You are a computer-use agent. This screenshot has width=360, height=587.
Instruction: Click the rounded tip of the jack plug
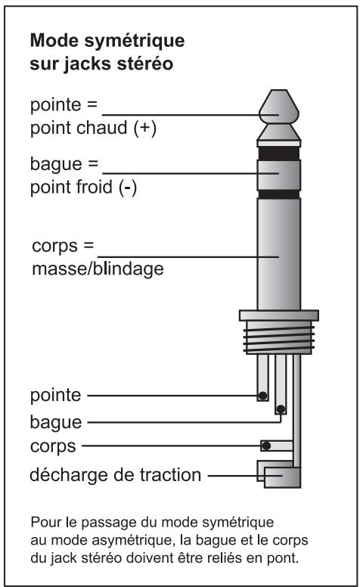pos(279,107)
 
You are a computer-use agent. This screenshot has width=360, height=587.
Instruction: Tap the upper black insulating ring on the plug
pos(279,153)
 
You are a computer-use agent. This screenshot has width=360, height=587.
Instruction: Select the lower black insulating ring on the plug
pos(279,194)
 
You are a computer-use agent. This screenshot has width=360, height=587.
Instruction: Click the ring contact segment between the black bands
pos(279,175)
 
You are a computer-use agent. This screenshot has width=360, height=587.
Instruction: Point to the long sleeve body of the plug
pos(279,254)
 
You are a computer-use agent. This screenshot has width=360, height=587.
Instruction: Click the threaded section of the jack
pos(279,337)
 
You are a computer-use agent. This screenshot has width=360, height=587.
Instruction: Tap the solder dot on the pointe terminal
pos(262,396)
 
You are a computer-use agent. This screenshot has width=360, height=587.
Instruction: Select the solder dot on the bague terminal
pos(281,409)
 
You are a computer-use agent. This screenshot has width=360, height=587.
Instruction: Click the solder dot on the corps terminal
pos(266,446)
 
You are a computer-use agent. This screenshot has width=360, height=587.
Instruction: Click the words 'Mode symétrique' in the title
pos(107,41)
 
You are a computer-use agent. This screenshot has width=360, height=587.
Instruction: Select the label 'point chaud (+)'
pos(93,129)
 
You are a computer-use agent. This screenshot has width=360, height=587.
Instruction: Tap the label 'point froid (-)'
pos(83,187)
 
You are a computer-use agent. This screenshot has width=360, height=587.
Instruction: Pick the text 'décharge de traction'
pos(116,475)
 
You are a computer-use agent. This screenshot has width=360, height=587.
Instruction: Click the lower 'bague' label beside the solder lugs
pos(56,422)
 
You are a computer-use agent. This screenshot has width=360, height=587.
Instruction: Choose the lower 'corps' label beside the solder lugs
pos(53,446)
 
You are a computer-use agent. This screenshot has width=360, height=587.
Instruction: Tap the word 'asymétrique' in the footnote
pos(132,541)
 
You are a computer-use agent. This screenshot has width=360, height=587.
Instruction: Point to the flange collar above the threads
pos(279,315)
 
